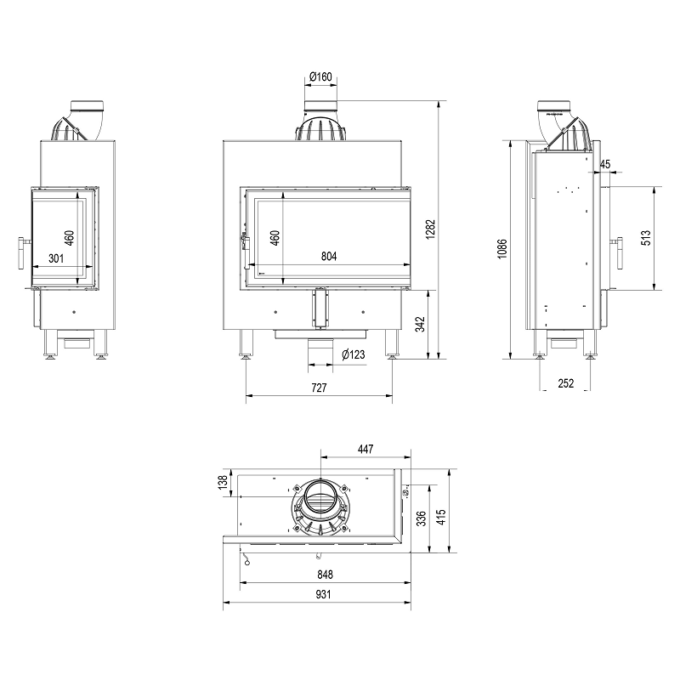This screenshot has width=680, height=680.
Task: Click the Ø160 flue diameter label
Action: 320,76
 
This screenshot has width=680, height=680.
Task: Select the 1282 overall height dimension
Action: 430,229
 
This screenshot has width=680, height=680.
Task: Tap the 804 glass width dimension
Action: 329,257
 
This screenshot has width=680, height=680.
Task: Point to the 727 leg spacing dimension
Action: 319,388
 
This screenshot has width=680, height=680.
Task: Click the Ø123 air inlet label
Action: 353,354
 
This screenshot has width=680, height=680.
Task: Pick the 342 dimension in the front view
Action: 420,324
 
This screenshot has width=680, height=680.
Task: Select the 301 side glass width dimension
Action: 56,258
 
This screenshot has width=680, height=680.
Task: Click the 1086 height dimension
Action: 502,248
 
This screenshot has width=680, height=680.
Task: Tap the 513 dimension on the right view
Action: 646,238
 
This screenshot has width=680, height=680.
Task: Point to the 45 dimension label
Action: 605,164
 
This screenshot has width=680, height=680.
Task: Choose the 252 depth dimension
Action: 565,383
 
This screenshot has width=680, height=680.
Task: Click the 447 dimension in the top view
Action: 365,449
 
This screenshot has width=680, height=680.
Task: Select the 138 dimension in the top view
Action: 223,482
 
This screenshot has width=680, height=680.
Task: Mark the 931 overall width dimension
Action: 323,594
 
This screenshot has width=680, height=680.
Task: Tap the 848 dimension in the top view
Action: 325,575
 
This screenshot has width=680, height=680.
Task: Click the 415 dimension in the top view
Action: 440,518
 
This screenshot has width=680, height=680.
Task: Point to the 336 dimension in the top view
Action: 421,518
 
